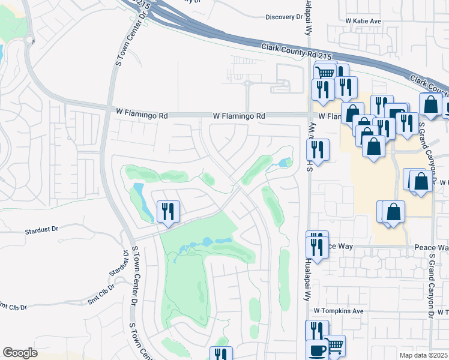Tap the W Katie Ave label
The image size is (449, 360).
363,21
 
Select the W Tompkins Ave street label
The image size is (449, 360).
339,311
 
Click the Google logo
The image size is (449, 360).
20,353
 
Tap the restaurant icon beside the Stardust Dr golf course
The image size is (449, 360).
167,211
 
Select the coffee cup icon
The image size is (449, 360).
317,349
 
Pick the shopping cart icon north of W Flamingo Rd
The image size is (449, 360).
325,73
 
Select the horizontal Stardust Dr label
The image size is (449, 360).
41,229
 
